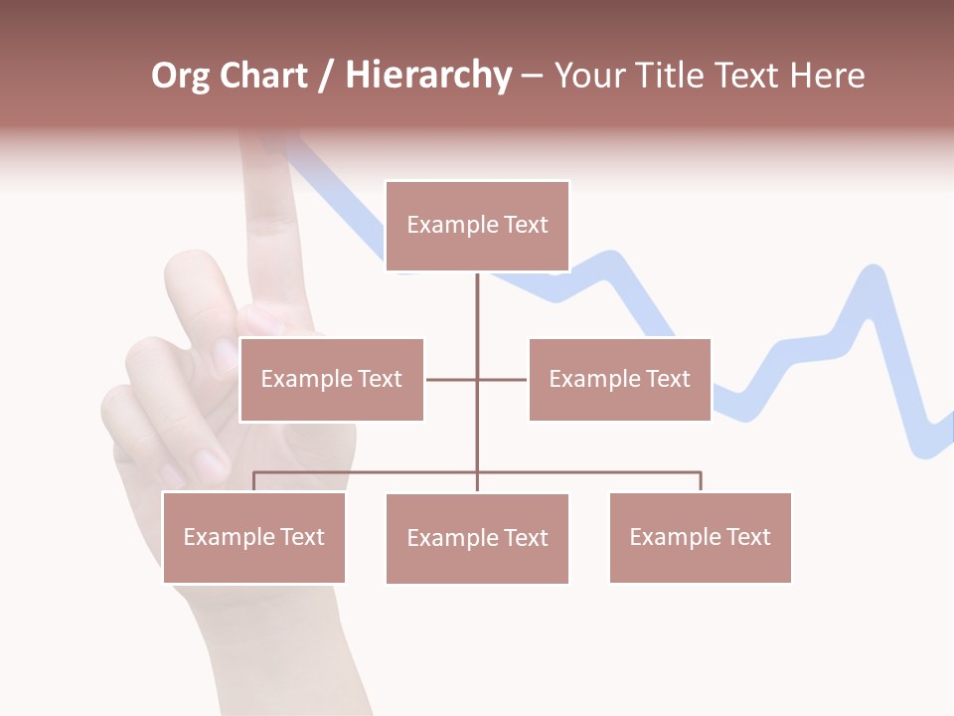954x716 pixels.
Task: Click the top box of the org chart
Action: click(477, 226)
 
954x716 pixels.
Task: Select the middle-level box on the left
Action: click(332, 379)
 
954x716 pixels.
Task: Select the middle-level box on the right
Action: click(619, 379)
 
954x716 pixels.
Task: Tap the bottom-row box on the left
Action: click(253, 537)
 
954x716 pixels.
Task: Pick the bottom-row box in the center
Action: click(477, 538)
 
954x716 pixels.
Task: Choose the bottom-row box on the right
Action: click(700, 537)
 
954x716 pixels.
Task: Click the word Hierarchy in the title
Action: click(428, 77)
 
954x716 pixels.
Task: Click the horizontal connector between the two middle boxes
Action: click(477, 379)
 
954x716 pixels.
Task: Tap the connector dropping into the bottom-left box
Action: click(253, 481)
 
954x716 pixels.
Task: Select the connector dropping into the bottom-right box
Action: click(701, 481)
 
